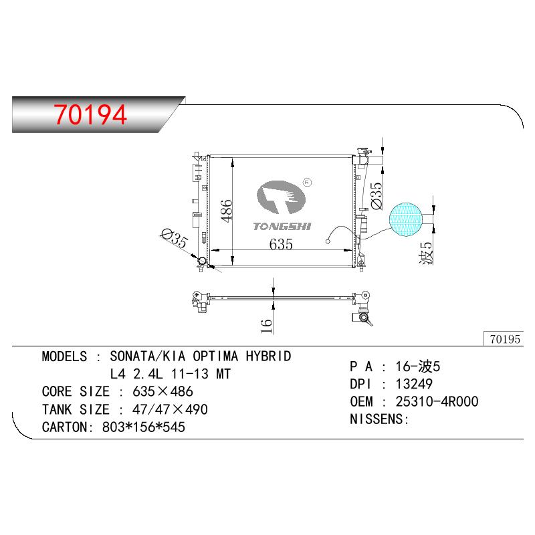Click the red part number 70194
pos(90,114)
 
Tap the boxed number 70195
pos(505,339)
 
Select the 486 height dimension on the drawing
pos(226,211)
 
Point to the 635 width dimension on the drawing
pos(281,244)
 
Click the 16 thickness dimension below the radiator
pos(266,326)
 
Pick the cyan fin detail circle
pos(406,219)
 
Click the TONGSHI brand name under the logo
pos(282,227)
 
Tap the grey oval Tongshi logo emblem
pos(281,197)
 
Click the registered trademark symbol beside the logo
pos(308,182)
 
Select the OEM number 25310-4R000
pos(437,402)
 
